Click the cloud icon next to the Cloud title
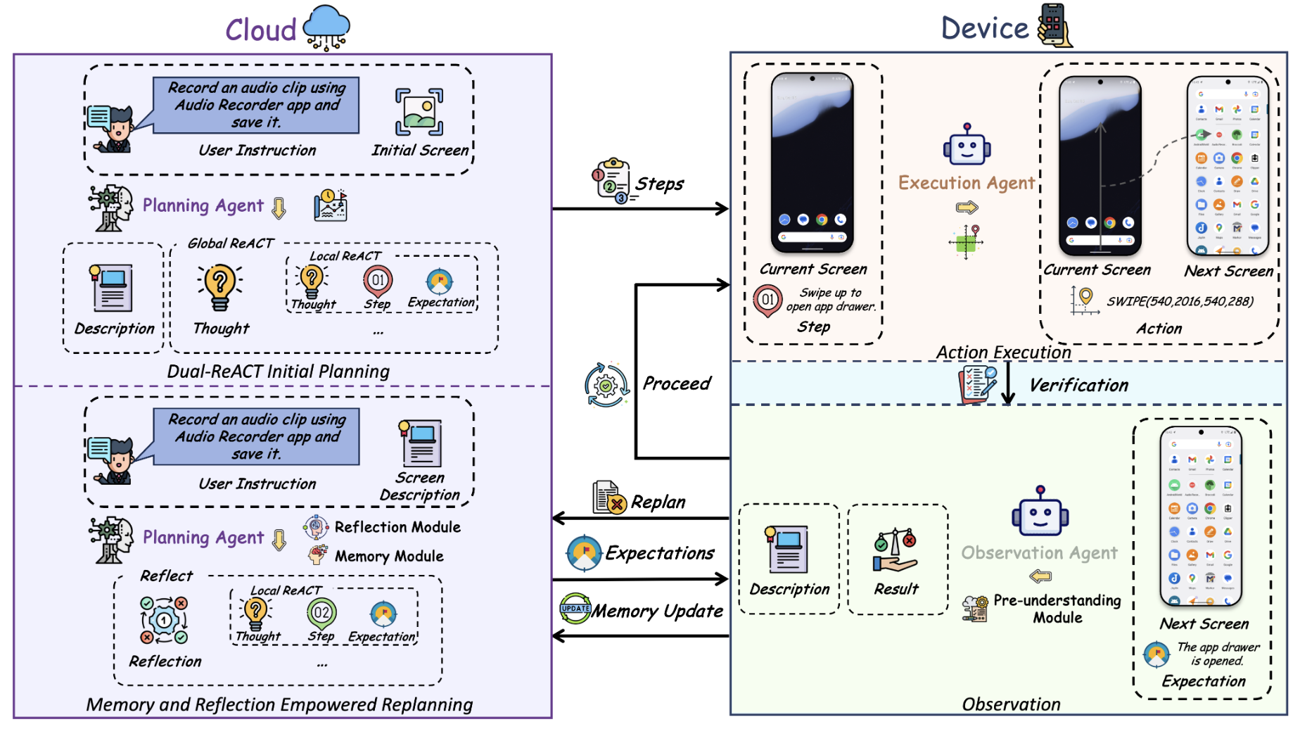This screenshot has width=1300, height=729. coord(326,27)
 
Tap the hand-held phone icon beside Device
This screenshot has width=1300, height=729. coord(1054,25)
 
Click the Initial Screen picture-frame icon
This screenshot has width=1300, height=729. coord(419,112)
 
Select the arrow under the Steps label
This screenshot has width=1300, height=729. coord(640,208)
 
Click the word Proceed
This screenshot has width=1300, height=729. coord(677,383)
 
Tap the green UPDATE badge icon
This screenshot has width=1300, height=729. coord(575,609)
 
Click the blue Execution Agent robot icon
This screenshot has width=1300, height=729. coord(967,146)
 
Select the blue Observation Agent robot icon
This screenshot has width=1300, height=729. coord(1040,512)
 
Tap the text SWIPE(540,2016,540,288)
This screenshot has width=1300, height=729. coord(1180,301)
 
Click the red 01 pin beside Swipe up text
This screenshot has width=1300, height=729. coord(767,300)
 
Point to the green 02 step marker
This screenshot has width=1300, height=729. coord(321,612)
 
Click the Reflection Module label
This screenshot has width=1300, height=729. coord(397,527)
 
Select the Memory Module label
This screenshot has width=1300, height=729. coord(389,557)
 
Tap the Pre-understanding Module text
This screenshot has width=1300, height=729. coord(1057,609)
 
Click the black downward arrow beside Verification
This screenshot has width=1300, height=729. coord(1008,383)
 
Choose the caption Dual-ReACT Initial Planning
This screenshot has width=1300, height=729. coord(278,372)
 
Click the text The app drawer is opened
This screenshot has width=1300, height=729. coord(1218,654)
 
